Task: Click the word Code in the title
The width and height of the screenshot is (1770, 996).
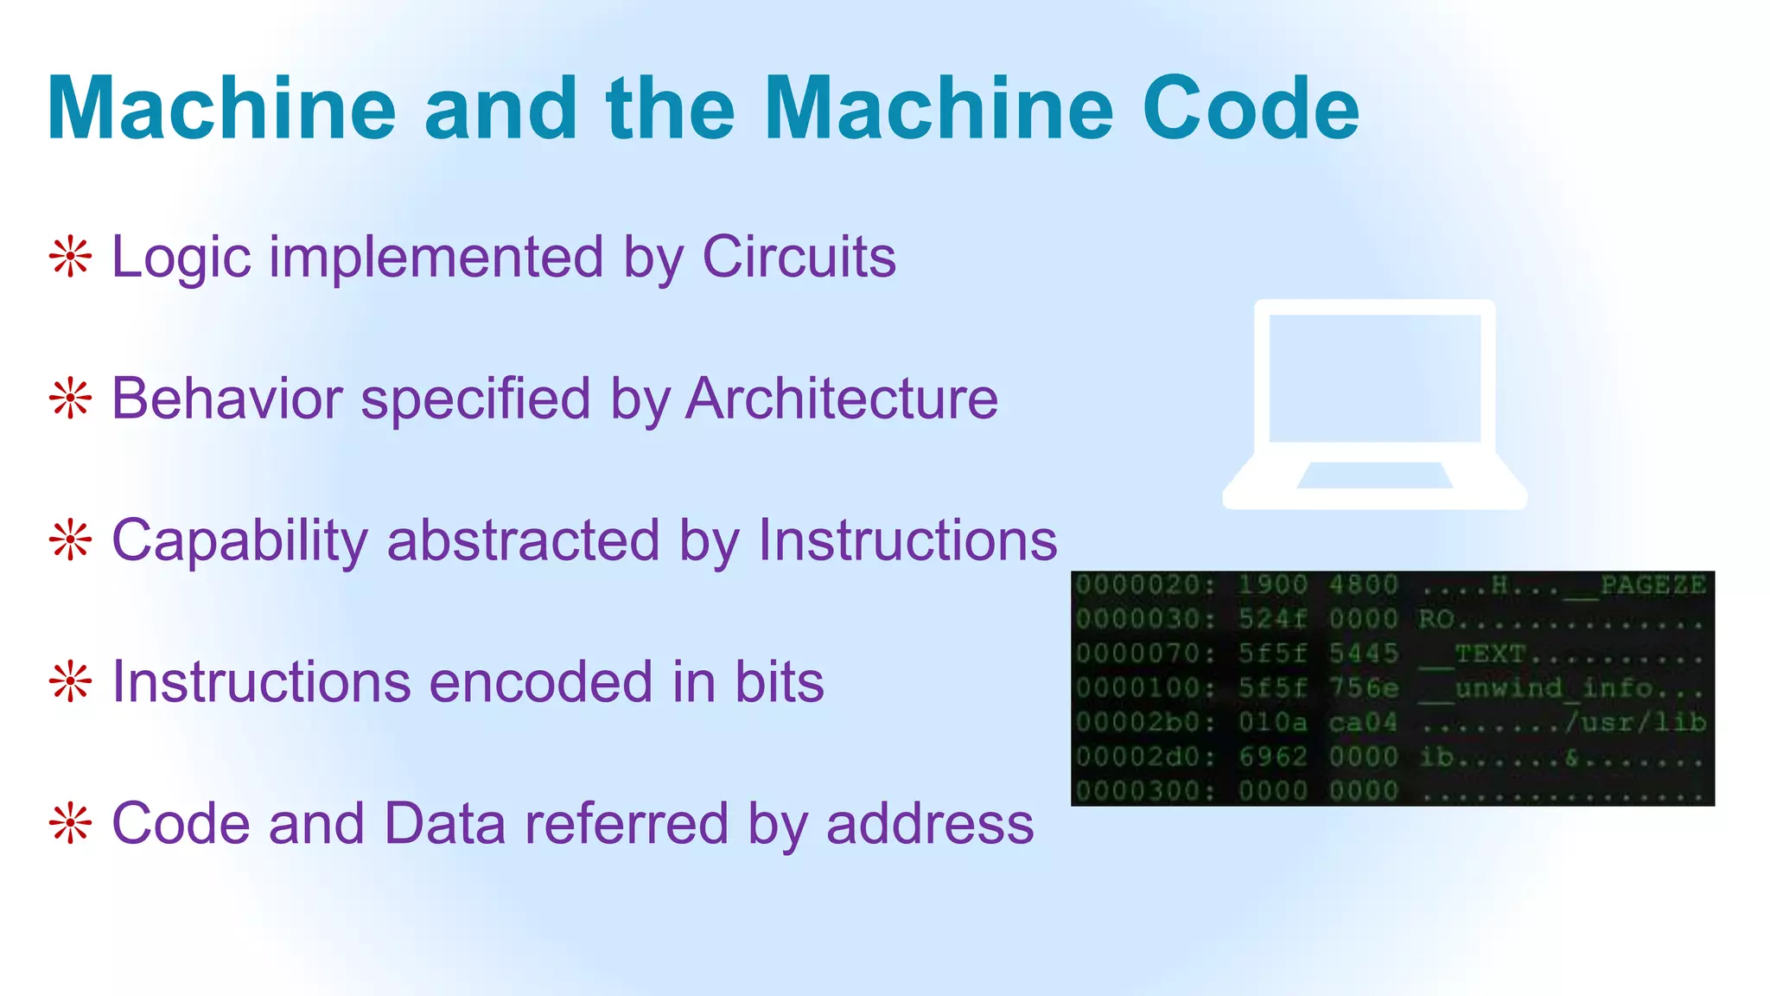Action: click(x=1251, y=108)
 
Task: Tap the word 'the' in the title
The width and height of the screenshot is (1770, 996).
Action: click(x=671, y=108)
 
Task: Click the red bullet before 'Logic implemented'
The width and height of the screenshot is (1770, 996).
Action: click(x=70, y=257)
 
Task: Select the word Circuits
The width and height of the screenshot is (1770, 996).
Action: click(x=799, y=257)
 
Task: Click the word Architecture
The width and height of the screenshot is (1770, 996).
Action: click(x=842, y=399)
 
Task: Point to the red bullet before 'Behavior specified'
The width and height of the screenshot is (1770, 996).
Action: click(x=70, y=399)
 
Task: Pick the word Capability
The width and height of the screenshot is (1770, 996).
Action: click(x=239, y=540)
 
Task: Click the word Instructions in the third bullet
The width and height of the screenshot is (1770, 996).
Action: click(x=907, y=540)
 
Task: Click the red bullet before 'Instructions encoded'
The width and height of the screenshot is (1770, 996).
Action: click(x=70, y=682)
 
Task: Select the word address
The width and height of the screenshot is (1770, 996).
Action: click(x=930, y=823)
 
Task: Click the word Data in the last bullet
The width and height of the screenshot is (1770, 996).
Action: click(x=444, y=823)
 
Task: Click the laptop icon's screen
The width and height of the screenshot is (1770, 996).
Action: click(x=1374, y=378)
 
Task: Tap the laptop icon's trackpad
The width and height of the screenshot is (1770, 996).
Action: click(x=1374, y=476)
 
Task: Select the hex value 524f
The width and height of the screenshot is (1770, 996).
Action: click(x=1272, y=619)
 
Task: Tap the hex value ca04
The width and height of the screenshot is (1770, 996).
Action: click(x=1363, y=722)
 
